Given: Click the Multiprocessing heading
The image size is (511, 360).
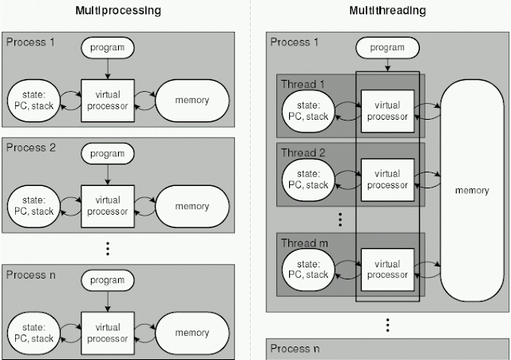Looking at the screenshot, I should tap(129, 11).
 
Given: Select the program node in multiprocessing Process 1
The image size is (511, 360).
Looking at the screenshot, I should tap(108, 48).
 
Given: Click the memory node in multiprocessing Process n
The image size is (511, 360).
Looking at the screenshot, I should tap(192, 332).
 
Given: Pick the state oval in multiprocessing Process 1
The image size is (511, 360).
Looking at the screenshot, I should tap(34, 100).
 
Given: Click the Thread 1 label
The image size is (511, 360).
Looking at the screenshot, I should tap(299, 85).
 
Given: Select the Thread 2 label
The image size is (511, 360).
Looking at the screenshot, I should tap(299, 152).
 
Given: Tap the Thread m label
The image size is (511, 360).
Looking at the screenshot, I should tap(300, 242).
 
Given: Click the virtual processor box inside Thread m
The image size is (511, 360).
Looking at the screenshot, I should tap(386, 269).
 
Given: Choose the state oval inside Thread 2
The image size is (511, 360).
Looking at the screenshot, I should tap(307, 179).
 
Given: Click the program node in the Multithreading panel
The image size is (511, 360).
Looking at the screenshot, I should tap(387, 49).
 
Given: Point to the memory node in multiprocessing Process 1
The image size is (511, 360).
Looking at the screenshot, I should tap(192, 100).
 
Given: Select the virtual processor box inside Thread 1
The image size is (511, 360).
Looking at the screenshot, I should tap(386, 111).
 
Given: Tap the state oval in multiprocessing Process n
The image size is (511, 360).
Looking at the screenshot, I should tap(34, 332).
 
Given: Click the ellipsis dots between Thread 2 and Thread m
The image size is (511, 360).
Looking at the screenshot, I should tap(341, 218).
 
